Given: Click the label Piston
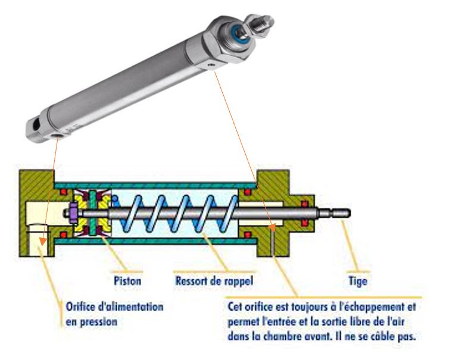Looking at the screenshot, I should pyautogui.click(x=127, y=279).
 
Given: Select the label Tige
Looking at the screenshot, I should pyautogui.click(x=357, y=279).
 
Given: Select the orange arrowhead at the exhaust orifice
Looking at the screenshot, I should pyautogui.click(x=272, y=227).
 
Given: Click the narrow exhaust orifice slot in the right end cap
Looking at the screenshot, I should pyautogui.click(x=273, y=244).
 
